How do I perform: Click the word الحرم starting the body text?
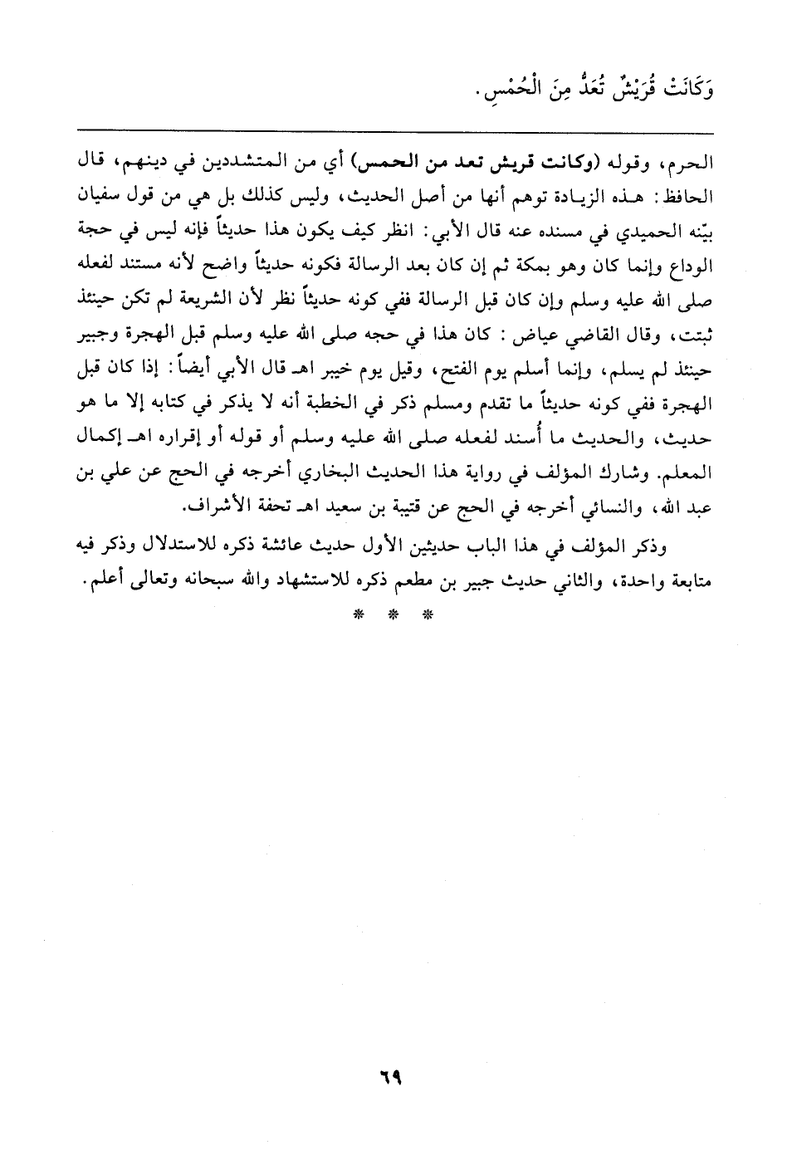[x=696, y=161]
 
